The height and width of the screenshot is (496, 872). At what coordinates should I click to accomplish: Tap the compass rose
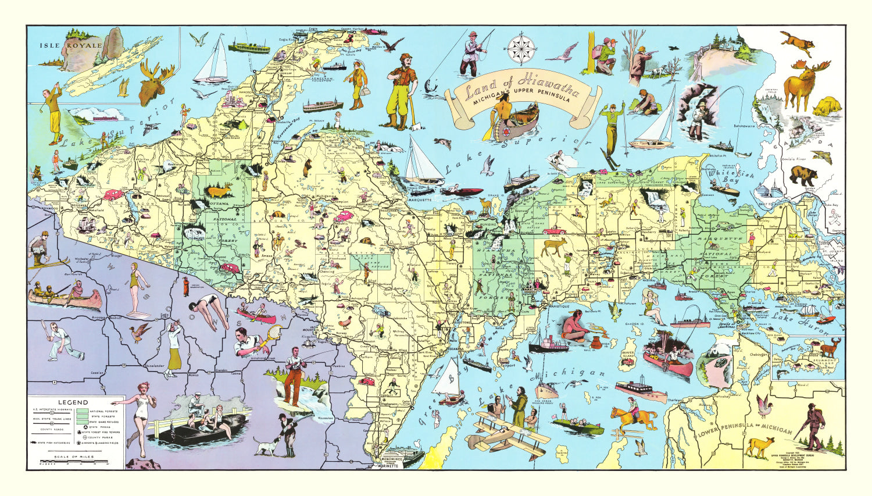[521, 49]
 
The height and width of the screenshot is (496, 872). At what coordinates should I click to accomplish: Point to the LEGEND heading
[73, 402]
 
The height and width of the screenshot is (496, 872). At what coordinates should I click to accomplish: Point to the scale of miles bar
[74, 463]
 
